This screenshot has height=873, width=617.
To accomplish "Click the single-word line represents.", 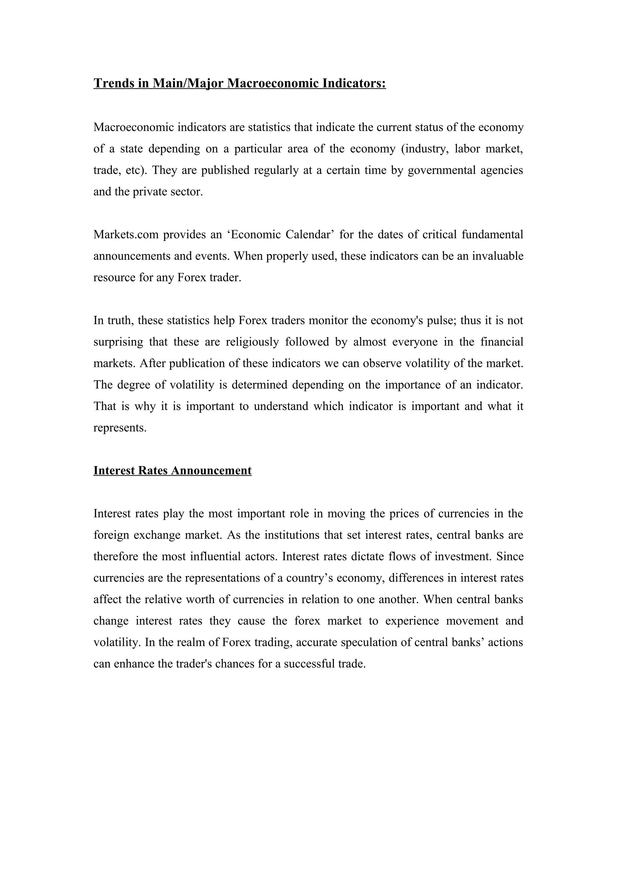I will point(120,428).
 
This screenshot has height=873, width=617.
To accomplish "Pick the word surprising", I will point(118,342).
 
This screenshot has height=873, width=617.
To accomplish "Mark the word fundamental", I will point(492,234).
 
